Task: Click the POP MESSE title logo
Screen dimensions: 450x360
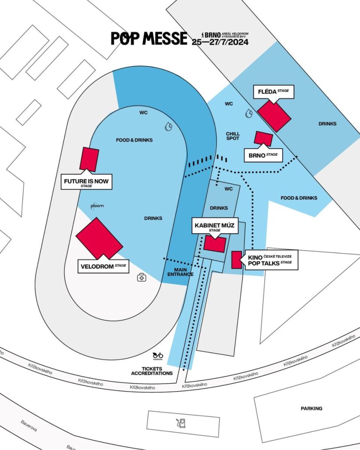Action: [x=149, y=39]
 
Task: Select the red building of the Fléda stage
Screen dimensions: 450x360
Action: [x=274, y=115]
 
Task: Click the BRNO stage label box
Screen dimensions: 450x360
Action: [x=263, y=155]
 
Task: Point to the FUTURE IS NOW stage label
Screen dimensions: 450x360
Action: [x=86, y=182]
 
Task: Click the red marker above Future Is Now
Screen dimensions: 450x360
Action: [x=89, y=159]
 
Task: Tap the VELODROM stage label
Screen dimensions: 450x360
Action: [x=103, y=266]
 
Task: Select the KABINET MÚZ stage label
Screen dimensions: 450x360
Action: [x=214, y=227]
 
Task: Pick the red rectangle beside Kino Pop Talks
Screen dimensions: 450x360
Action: [x=236, y=260]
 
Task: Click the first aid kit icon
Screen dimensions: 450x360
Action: [x=142, y=277]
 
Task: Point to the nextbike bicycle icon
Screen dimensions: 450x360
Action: [x=158, y=356]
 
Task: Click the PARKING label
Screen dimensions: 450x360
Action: [x=311, y=408]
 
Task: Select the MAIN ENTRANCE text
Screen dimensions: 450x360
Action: [x=180, y=272]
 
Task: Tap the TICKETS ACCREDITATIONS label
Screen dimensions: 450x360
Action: [x=152, y=371]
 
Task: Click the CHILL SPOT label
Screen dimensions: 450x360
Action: [x=233, y=136]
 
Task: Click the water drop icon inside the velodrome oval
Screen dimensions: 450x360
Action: [x=168, y=127]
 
